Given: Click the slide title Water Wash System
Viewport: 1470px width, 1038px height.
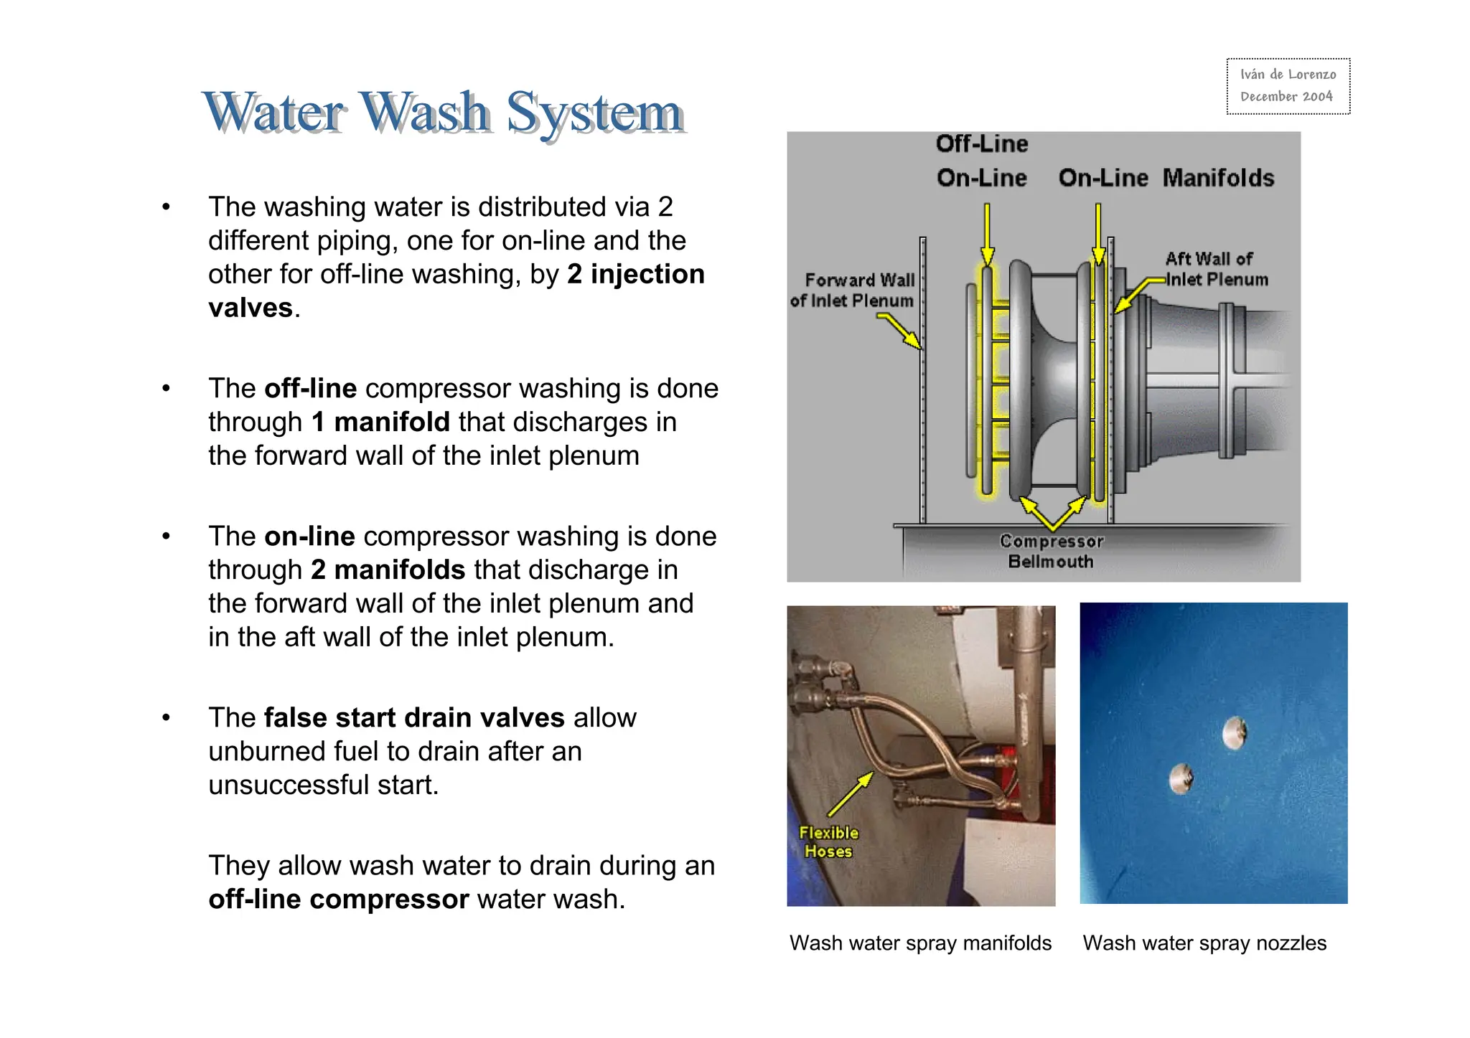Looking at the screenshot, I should (x=443, y=113).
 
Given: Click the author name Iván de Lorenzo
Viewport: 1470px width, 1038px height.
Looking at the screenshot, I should (x=1288, y=75).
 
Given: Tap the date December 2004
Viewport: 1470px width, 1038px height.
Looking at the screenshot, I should (x=1286, y=97).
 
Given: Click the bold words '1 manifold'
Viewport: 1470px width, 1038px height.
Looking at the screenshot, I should (x=380, y=422).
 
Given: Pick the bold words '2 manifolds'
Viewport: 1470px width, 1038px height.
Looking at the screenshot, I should (x=388, y=570).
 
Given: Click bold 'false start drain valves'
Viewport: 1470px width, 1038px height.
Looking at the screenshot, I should (x=414, y=717).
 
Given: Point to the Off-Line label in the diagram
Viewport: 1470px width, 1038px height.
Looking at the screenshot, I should (x=981, y=143).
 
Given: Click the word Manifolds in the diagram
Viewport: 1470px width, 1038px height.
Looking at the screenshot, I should (x=1218, y=178).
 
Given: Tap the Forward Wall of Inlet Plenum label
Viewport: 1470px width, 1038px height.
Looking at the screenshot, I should (x=853, y=290).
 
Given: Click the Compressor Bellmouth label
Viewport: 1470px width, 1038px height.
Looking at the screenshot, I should (x=1050, y=551).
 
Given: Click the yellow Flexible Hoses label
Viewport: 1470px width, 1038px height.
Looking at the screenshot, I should (x=828, y=842).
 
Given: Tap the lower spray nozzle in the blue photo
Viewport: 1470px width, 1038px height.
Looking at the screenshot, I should (x=1181, y=778).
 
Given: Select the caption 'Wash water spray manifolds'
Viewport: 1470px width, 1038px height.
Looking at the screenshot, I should (x=920, y=943).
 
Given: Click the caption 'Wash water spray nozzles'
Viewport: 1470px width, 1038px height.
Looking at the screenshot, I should (x=1204, y=943).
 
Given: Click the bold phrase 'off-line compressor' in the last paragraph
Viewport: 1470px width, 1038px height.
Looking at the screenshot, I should (x=338, y=899).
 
